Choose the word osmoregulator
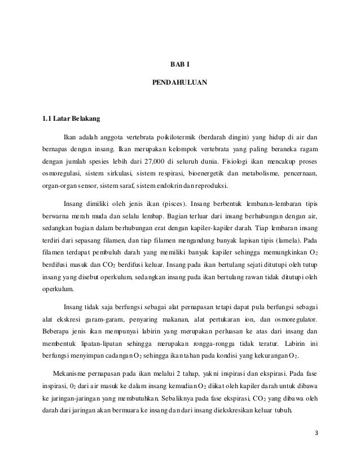tap(294, 318)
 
